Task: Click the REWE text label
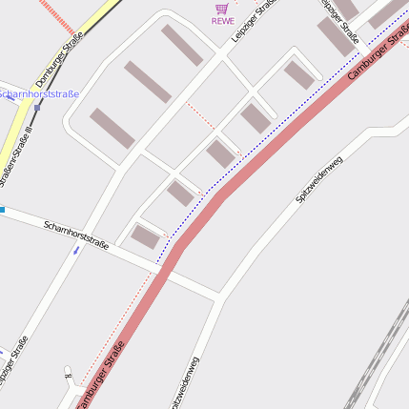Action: pyautogui.click(x=223, y=20)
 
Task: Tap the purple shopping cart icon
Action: pyautogui.click(x=222, y=8)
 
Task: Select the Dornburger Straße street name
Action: pyautogui.click(x=59, y=59)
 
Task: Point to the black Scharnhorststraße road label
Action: pyautogui.click(x=76, y=234)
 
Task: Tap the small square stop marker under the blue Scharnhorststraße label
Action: pyautogui.click(x=37, y=108)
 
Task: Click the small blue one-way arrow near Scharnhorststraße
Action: pyautogui.click(x=76, y=251)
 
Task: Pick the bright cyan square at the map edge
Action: pyautogui.click(x=3, y=209)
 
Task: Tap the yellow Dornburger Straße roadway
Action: pyautogui.click(x=19, y=124)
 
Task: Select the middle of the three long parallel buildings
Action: pyautogui.click(x=147, y=82)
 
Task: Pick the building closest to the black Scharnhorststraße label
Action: pyautogui.click(x=148, y=236)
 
